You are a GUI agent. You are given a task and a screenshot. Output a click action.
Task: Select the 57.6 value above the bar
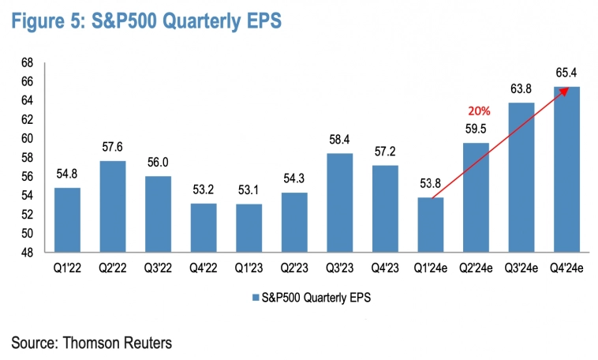[112, 148]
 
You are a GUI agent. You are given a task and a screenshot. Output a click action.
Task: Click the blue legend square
[254, 298]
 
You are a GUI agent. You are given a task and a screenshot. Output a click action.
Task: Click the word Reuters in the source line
[143, 343]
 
